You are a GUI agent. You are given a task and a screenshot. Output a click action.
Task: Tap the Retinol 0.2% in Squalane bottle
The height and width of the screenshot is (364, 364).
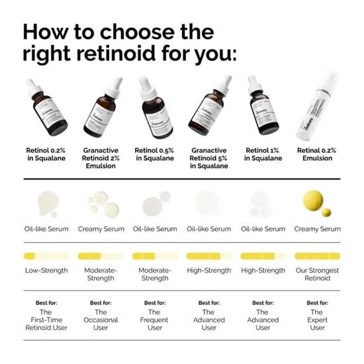click(46, 109)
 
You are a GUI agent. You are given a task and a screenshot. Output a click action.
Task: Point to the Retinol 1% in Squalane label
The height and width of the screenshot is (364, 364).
click(263, 154)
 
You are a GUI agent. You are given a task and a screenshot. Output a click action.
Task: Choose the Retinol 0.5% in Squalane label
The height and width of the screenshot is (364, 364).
click(155, 154)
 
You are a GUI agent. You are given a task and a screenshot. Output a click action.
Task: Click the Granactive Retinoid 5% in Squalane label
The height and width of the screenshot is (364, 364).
click(208, 158)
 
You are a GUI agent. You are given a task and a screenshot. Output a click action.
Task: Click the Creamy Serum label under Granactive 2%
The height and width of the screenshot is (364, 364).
click(101, 229)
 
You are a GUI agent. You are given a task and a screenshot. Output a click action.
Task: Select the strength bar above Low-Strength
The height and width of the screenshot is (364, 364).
click(46, 256)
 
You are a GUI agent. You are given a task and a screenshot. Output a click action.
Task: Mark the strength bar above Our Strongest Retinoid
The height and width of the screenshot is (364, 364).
click(317, 256)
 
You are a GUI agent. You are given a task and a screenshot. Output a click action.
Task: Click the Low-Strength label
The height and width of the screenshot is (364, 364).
click(46, 270)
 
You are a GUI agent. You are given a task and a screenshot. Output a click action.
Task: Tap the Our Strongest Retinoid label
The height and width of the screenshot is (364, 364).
click(317, 274)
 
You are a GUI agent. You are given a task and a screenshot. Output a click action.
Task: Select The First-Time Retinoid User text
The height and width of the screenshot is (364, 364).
click(46, 320)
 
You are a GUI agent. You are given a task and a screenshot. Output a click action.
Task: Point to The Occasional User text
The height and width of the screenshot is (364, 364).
click(101, 320)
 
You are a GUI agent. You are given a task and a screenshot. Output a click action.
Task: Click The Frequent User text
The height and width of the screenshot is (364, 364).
click(155, 320)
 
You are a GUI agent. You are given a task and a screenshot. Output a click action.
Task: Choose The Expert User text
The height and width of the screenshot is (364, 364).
click(317, 320)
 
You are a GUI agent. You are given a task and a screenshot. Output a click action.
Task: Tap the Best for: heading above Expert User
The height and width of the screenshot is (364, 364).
click(317, 302)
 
